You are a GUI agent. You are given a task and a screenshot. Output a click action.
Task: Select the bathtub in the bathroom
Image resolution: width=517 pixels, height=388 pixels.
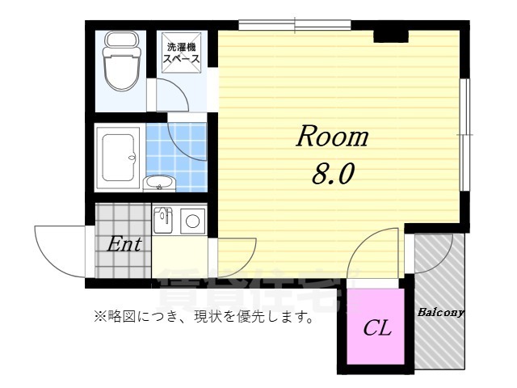118,157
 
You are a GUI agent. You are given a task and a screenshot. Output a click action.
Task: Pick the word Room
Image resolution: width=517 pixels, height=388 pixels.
331,137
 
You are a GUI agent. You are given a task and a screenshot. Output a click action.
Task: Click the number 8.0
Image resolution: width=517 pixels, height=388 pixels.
331,173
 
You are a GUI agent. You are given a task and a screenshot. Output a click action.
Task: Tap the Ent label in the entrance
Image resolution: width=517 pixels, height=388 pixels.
125,244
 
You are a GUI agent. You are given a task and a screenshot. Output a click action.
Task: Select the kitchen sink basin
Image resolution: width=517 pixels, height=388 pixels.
163,218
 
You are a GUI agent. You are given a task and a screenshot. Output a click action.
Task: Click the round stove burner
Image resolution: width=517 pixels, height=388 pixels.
193,220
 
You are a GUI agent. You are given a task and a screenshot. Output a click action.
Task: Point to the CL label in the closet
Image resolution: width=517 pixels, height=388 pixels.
376,328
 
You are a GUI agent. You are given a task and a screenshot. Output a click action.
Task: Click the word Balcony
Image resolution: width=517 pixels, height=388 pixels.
440,311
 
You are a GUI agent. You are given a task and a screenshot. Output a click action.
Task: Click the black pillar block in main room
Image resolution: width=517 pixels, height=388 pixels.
388,36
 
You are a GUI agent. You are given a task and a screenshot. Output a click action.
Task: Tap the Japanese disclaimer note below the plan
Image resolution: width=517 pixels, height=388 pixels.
204,317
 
